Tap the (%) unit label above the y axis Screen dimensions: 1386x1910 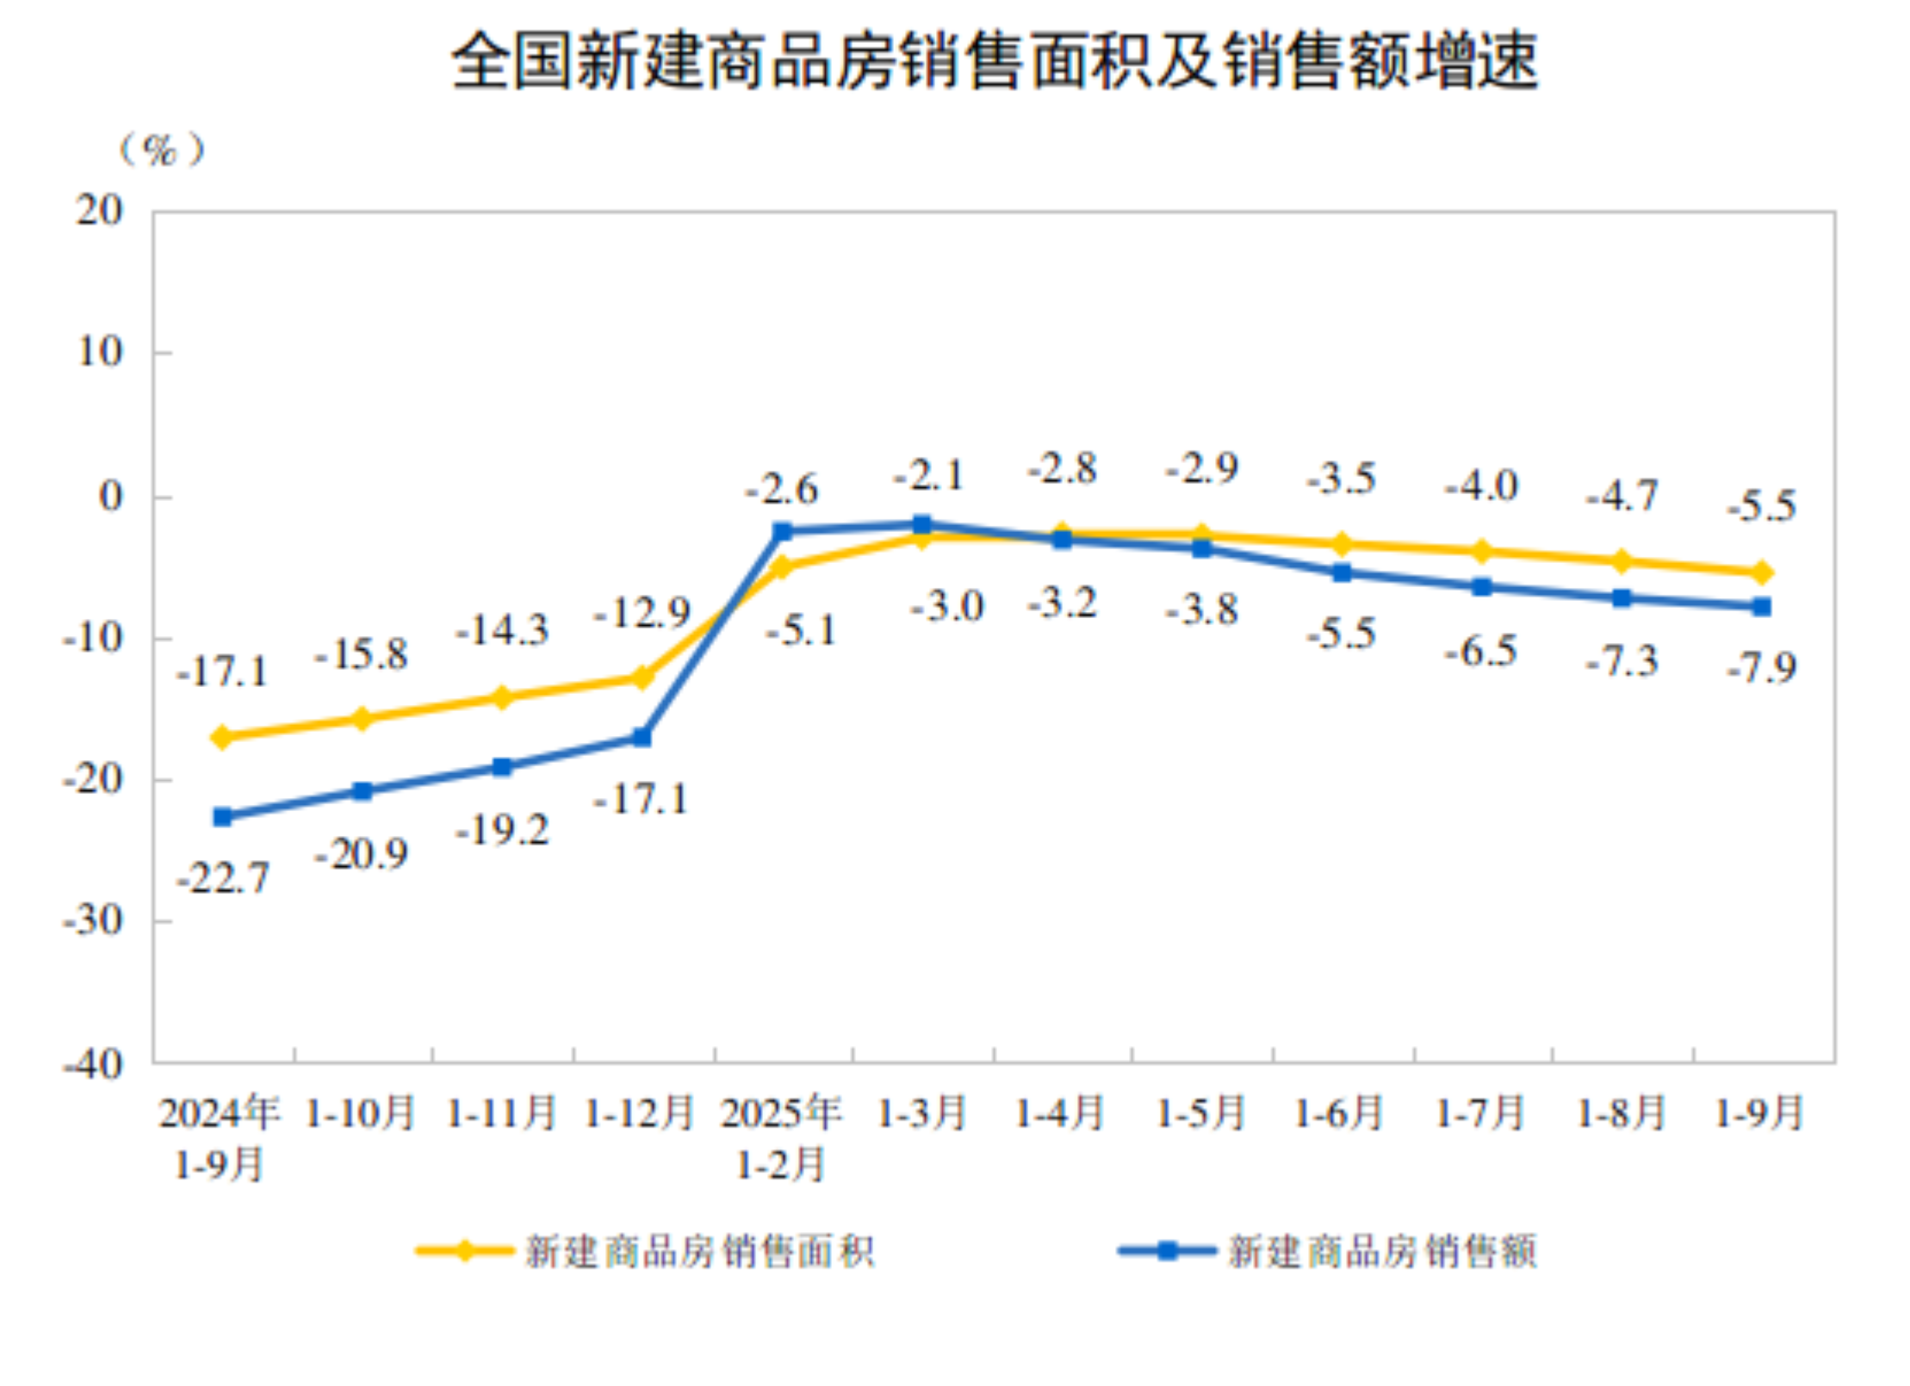[161, 150]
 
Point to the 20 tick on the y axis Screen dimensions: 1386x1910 [100, 210]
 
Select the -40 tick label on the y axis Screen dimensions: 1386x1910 [94, 1065]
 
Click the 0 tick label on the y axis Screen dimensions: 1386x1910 [110, 497]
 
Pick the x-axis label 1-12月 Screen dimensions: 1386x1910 [640, 1113]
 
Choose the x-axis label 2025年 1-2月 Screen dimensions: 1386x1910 [781, 1138]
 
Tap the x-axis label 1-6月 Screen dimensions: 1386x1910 [1339, 1113]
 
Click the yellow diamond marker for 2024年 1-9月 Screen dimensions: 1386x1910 [222, 737]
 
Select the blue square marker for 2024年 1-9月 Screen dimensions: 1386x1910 [222, 816]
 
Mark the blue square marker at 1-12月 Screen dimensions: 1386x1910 [642, 737]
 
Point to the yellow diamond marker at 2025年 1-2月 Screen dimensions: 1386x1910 [782, 566]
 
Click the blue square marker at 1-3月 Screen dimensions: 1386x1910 [921, 524]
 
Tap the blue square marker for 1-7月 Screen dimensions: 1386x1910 [1481, 587]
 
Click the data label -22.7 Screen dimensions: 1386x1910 [223, 878]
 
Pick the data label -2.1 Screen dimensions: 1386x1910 [928, 475]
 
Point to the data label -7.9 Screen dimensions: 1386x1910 [1762, 668]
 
